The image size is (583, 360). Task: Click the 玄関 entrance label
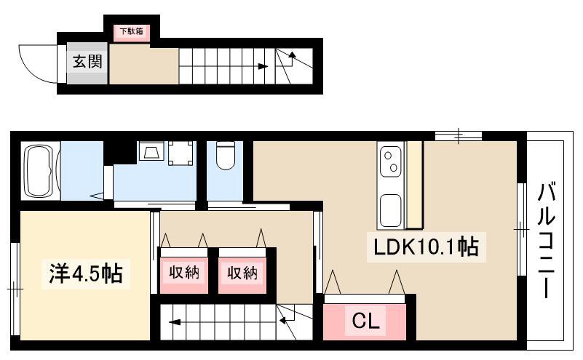click(87, 62)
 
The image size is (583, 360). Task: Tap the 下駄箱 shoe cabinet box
click(132, 32)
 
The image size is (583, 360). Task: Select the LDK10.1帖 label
click(426, 247)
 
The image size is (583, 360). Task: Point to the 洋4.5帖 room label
click(85, 273)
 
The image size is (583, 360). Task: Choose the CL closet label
click(366, 321)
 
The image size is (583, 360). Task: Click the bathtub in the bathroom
click(39, 170)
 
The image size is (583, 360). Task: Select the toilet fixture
click(226, 156)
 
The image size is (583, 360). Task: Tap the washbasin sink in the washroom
click(151, 151)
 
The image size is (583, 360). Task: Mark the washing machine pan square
click(181, 153)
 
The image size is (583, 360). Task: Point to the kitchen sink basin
click(390, 210)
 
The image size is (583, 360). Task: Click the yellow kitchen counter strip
click(415, 185)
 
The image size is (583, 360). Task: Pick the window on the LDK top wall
click(459, 136)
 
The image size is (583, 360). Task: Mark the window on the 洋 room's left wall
click(14, 289)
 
